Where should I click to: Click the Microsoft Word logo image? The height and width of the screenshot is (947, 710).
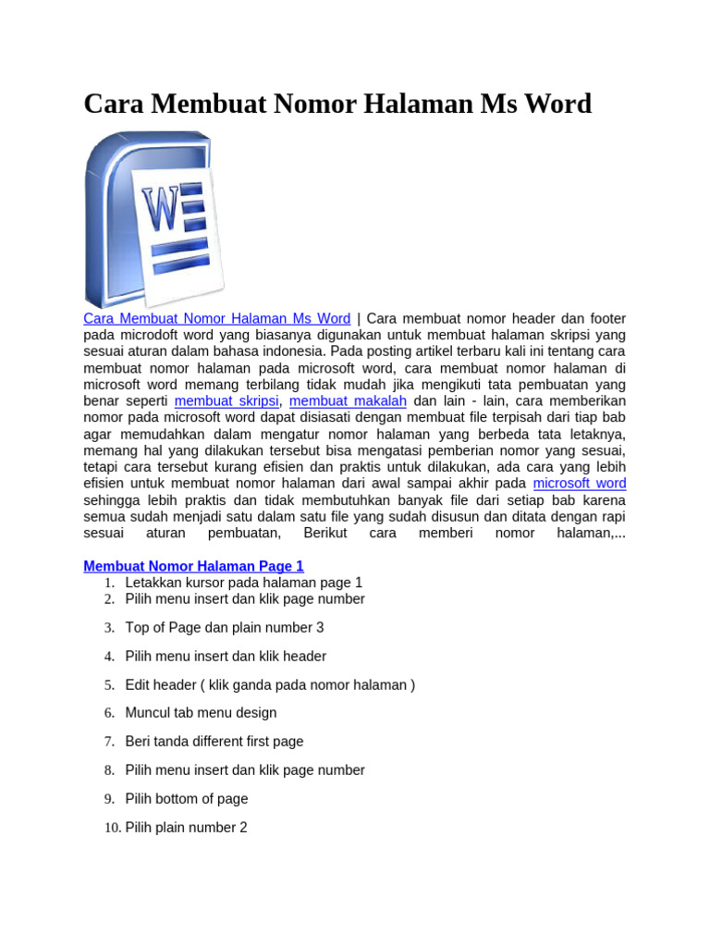coord(154,220)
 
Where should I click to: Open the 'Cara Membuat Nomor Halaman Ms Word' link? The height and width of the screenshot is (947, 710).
coord(216,319)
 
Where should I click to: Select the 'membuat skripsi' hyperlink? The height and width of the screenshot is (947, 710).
coord(226,401)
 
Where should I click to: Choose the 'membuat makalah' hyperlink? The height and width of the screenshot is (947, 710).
coord(349,401)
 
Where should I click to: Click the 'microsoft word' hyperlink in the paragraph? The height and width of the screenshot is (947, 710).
coord(580,484)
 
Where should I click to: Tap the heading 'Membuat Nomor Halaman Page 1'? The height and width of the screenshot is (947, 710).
coord(193,566)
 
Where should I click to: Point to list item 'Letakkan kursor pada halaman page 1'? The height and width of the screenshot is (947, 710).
coord(244,583)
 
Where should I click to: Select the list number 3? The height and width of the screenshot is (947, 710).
coord(108,628)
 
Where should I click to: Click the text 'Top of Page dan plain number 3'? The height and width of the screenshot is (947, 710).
coord(225,628)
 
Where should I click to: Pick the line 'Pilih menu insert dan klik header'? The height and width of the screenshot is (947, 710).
coord(226,657)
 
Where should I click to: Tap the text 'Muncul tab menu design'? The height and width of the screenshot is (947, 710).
coord(201,713)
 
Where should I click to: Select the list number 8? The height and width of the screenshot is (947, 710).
coord(108,770)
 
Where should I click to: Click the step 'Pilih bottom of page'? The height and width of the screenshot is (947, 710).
coord(187,799)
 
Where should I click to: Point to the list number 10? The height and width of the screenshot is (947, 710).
coord(111,829)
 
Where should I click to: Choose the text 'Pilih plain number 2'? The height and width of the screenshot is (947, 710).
coord(187,829)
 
